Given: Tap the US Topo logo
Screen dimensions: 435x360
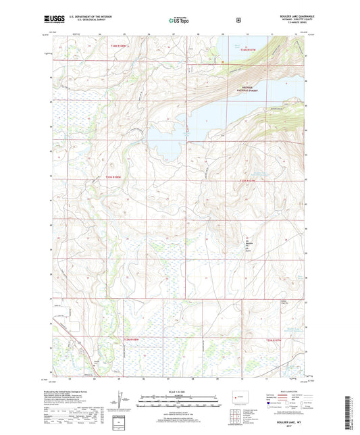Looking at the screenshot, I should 178,21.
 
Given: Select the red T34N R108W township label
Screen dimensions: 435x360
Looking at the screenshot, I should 119,46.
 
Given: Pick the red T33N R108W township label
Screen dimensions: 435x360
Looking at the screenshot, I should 118,178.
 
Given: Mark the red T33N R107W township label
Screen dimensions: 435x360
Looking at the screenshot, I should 249,181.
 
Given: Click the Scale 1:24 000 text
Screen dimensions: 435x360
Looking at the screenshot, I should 180,391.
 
